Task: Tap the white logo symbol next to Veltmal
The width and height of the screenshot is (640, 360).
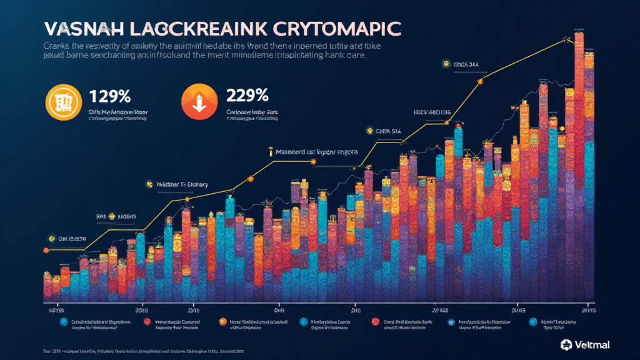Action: pyautogui.click(x=566, y=344)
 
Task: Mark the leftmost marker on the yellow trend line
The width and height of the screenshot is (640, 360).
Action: pyautogui.click(x=45, y=250)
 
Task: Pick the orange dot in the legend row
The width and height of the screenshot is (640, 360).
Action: pyautogui.click(x=222, y=322)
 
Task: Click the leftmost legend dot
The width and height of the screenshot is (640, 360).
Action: pyautogui.click(x=63, y=322)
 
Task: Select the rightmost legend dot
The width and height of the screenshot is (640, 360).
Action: pyautogui.click(x=533, y=322)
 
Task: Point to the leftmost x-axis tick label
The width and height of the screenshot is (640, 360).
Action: pyautogui.click(x=56, y=309)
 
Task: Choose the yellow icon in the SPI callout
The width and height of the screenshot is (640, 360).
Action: pyautogui.click(x=112, y=216)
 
